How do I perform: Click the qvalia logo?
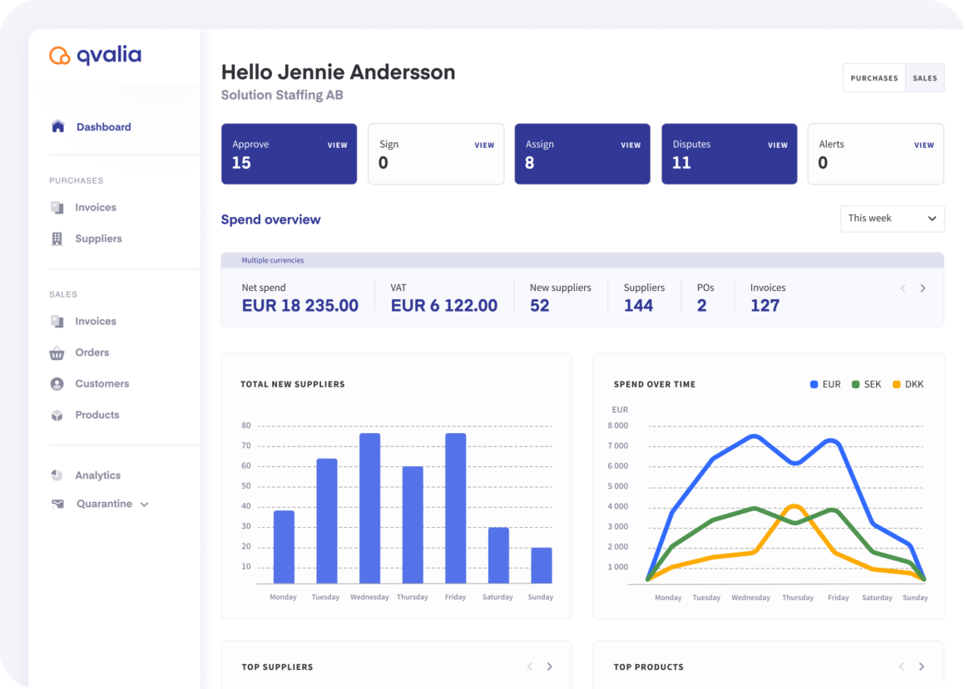coord(96,56)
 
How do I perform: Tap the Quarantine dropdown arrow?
coord(144,504)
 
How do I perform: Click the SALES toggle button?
coord(924,78)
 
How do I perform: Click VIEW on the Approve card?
coord(337,145)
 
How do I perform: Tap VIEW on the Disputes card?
coord(777,145)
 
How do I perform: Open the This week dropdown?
coord(893,219)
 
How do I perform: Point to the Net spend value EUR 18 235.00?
coord(299,306)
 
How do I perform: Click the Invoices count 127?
coord(765,306)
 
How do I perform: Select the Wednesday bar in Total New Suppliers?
coord(370,509)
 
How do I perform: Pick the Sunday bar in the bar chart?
coord(542,565)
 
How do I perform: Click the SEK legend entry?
coord(867,384)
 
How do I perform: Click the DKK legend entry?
coord(908,384)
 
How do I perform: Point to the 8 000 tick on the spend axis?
coord(618,426)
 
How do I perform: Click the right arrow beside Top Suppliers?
coord(550,667)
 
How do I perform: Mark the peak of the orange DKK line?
coord(795,506)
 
